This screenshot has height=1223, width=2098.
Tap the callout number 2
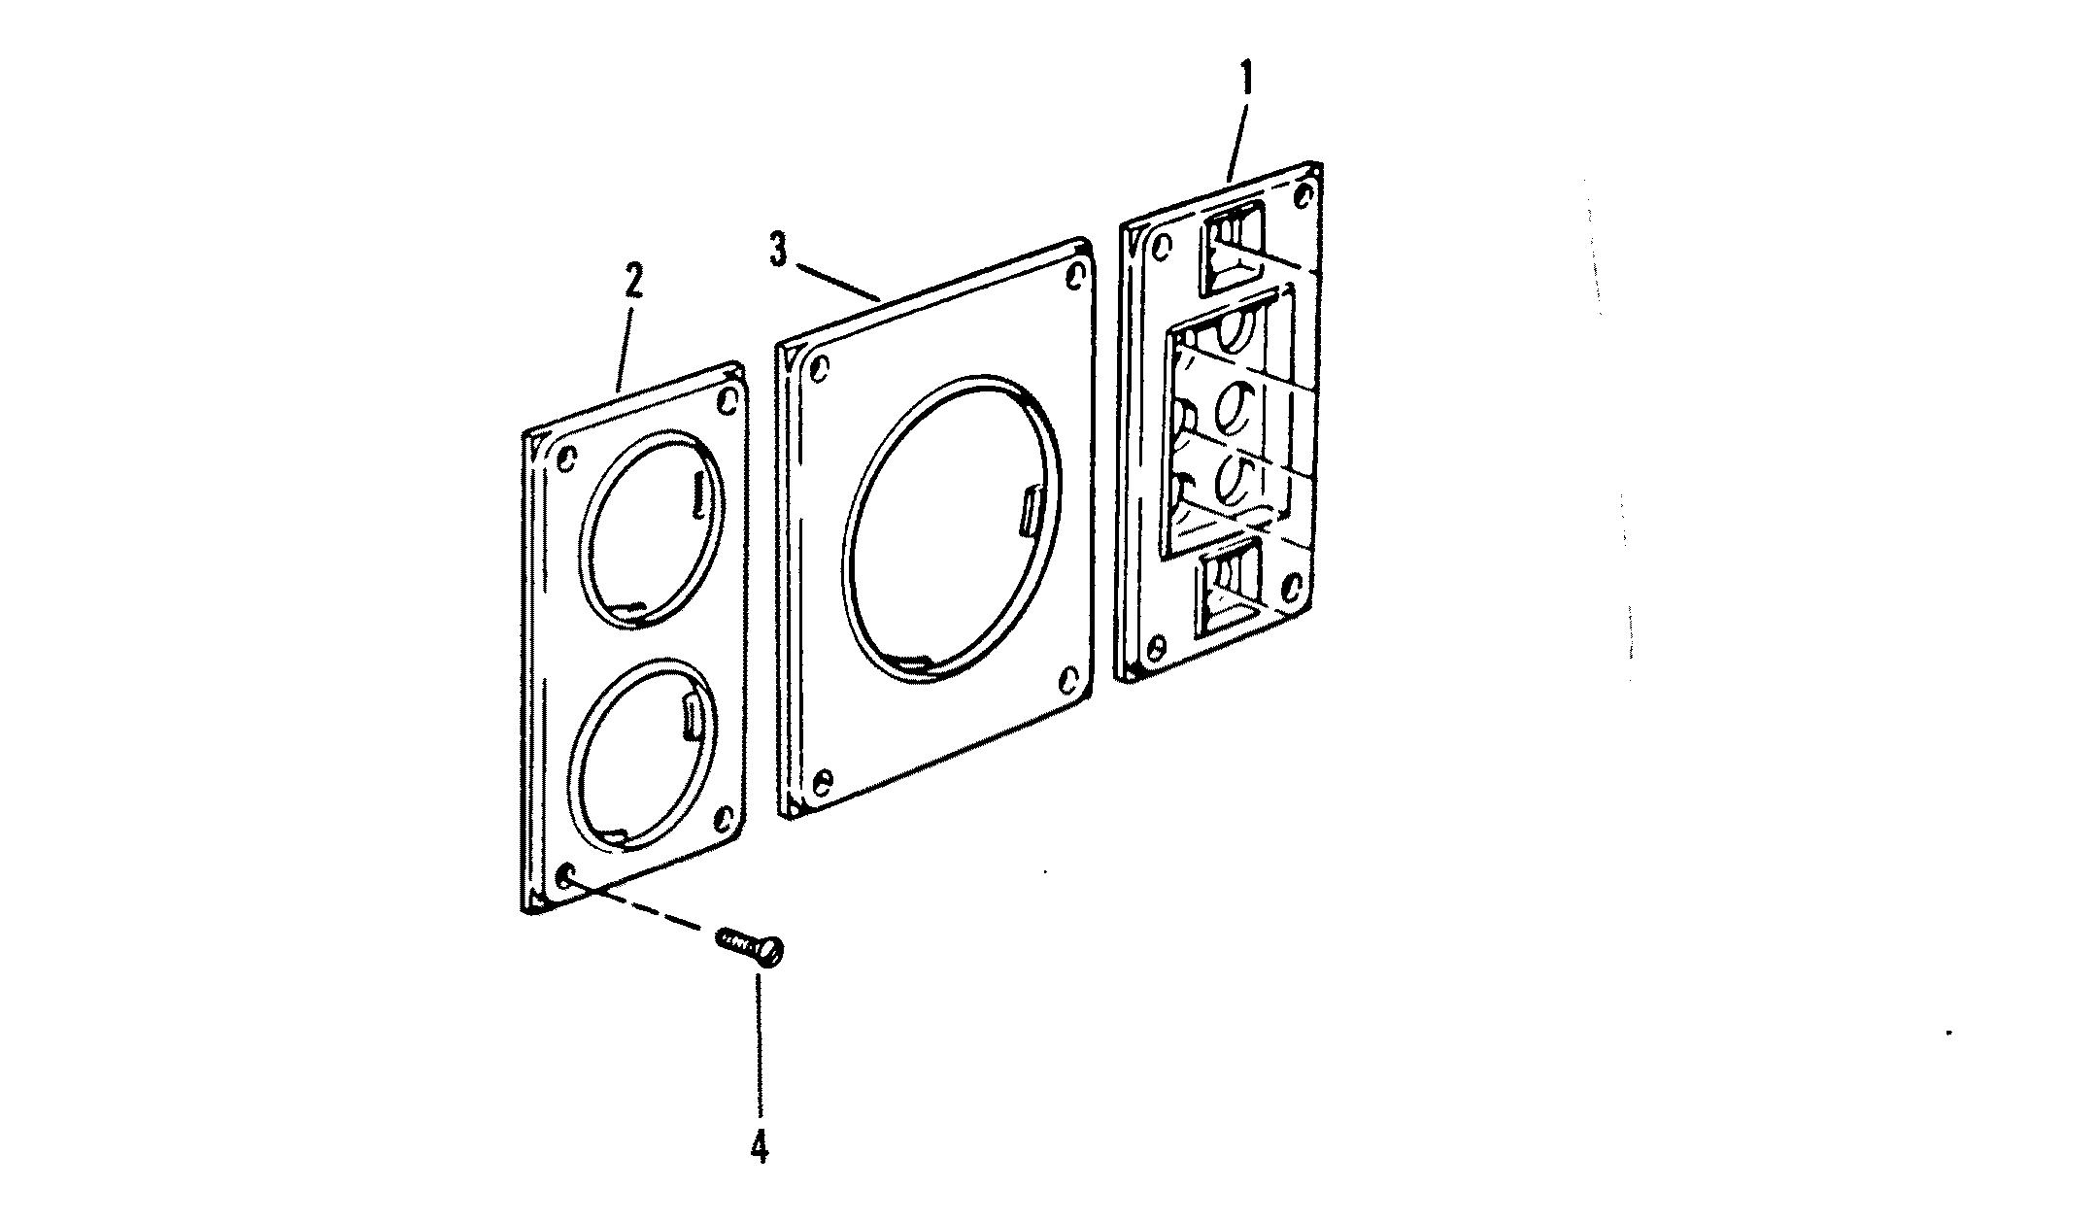click(x=632, y=282)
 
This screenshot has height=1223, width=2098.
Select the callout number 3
click(x=778, y=252)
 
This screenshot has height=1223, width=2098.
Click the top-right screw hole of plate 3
click(x=1074, y=276)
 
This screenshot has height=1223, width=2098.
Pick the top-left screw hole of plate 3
click(x=819, y=368)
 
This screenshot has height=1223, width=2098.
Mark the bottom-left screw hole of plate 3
click(x=823, y=780)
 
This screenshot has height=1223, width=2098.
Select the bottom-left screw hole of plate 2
click(x=565, y=877)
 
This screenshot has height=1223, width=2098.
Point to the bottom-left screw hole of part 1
click(x=1155, y=646)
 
